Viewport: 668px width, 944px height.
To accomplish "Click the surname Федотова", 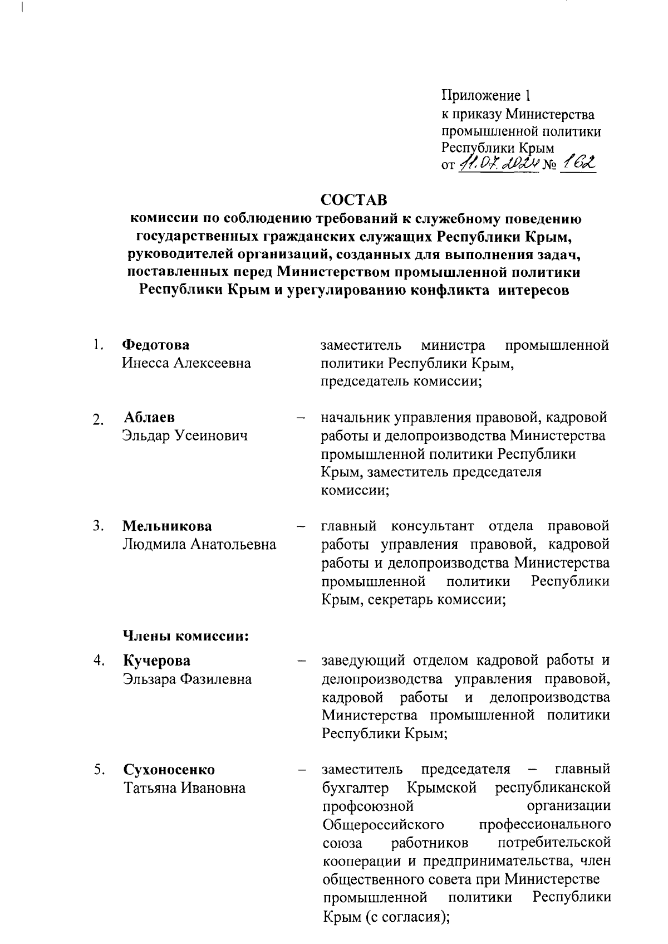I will coord(156,345).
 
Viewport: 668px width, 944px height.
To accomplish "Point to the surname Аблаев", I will coord(149,418).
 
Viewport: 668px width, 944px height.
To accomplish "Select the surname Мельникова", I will coord(167,526).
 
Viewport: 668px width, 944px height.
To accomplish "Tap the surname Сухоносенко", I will coord(169,770).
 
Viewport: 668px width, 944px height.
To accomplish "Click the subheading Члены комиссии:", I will coord(185,635).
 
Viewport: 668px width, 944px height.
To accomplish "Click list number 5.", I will coord(99,770).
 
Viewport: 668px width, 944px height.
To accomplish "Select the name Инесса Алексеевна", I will coord(186,364).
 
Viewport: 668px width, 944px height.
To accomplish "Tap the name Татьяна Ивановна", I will coord(184,788).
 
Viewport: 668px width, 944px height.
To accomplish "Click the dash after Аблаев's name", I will coord(301,418).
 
